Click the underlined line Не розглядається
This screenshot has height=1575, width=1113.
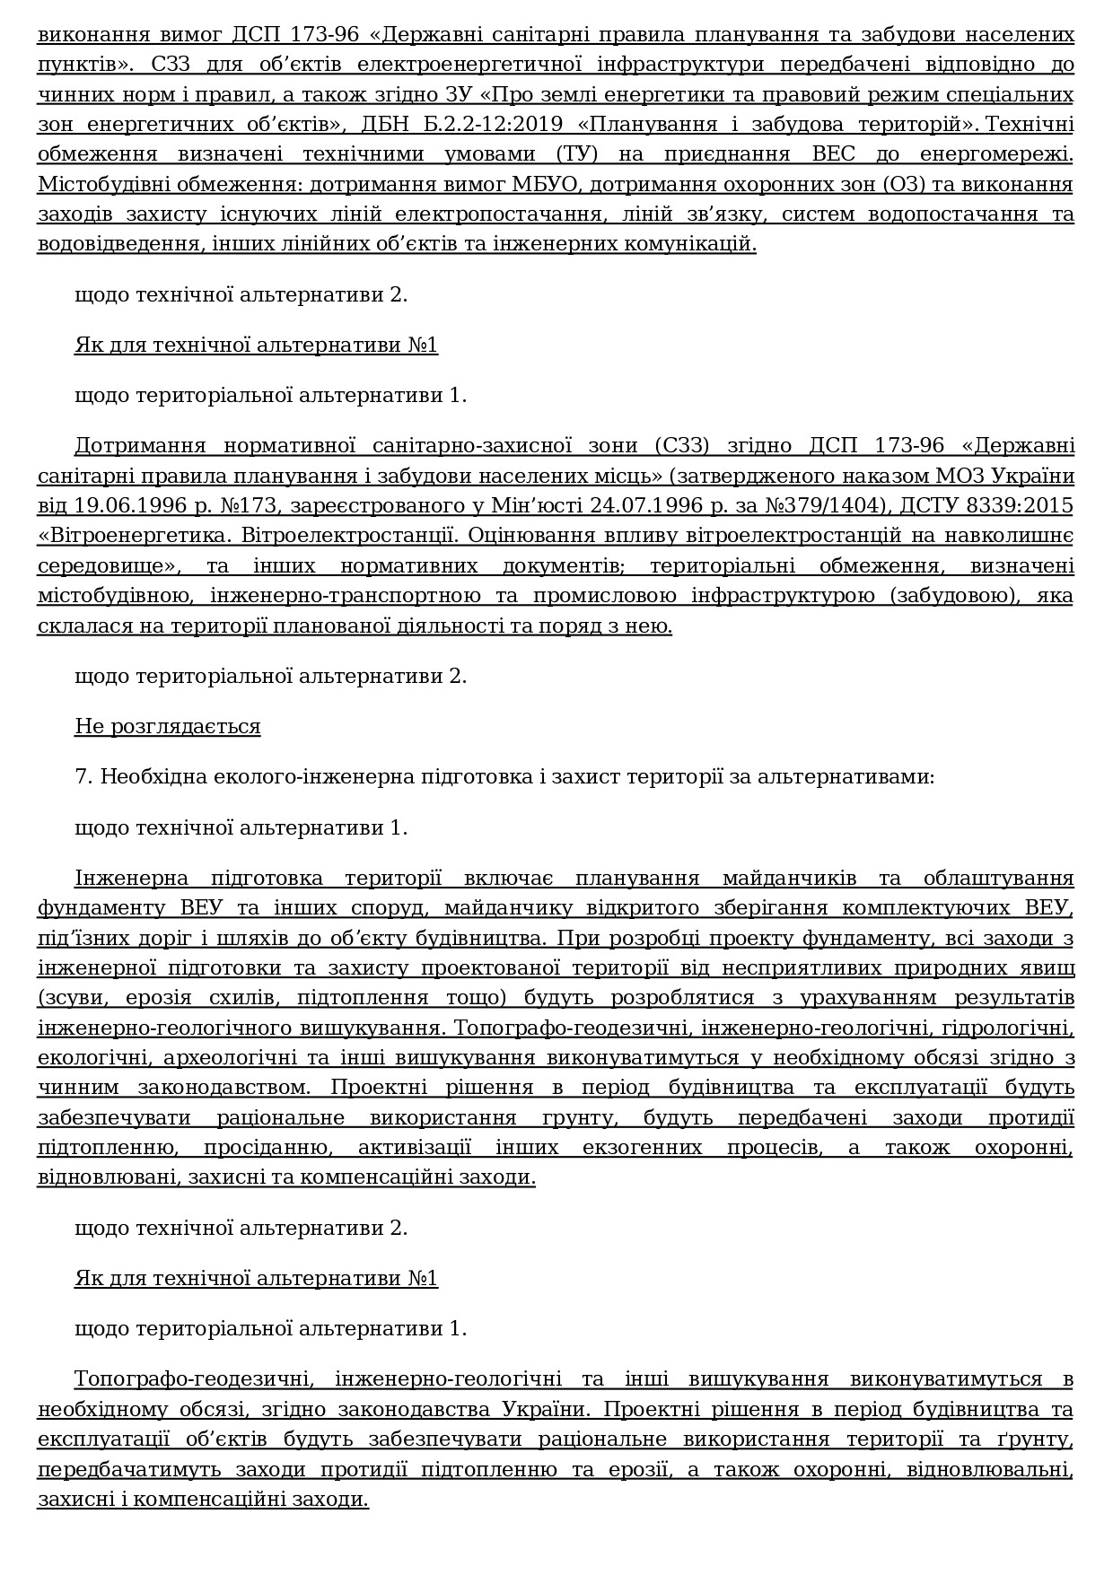[167, 726]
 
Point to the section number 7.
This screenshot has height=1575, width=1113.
[83, 776]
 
